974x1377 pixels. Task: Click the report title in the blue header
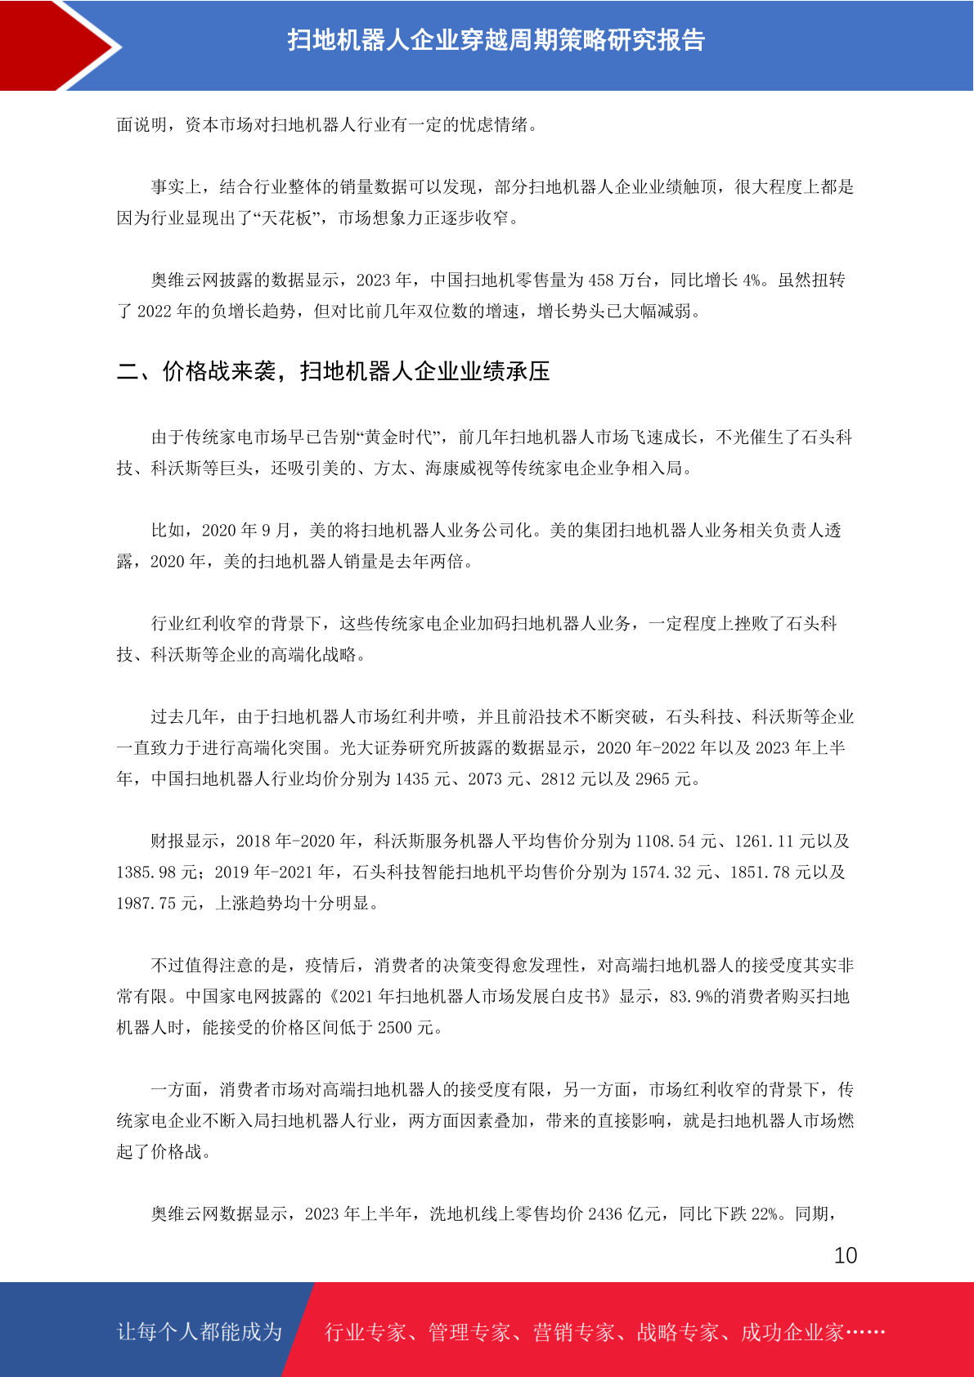tap(496, 40)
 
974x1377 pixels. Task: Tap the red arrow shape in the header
tap(57, 45)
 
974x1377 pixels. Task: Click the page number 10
tap(845, 1256)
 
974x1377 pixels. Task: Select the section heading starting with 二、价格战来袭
tap(333, 371)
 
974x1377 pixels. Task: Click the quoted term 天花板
tap(286, 218)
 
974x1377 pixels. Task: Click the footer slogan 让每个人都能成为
tap(200, 1332)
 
